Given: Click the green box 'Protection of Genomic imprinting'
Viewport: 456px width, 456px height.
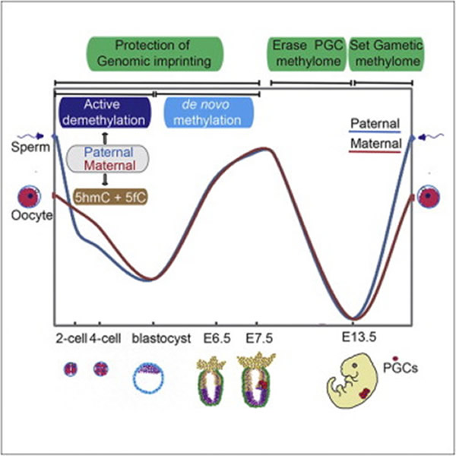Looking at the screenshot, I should pos(155,54).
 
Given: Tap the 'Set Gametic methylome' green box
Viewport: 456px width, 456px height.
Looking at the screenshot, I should pos(386,54).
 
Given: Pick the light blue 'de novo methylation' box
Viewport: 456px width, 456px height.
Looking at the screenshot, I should pos(207,111).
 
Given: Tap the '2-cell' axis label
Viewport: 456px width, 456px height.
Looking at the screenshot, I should pos(70,336).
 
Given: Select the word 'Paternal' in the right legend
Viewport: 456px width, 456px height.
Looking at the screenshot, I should pos(376,124).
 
